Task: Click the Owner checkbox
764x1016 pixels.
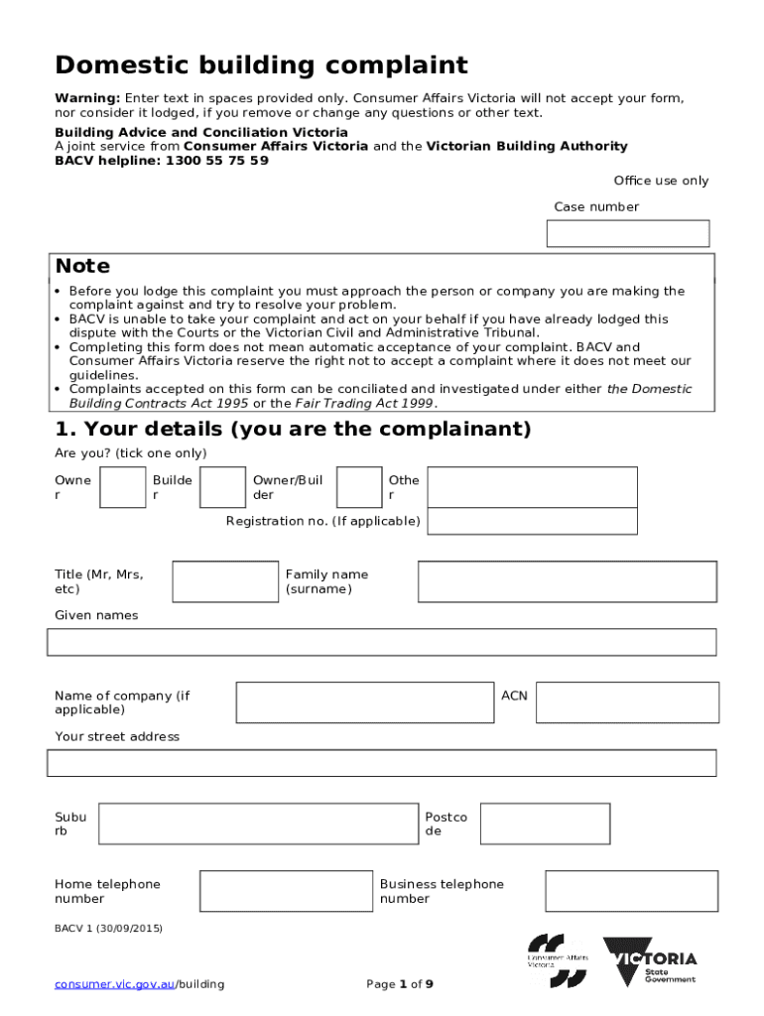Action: click(x=123, y=487)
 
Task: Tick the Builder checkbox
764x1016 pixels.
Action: click(x=222, y=487)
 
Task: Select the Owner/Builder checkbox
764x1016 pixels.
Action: click(x=358, y=487)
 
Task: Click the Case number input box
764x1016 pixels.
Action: click(x=628, y=233)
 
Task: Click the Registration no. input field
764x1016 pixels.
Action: click(x=532, y=521)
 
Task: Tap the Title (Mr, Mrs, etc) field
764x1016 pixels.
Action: click(x=225, y=581)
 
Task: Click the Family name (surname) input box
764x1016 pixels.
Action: click(x=567, y=581)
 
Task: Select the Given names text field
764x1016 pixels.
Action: click(x=381, y=642)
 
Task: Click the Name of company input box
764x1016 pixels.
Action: click(x=364, y=702)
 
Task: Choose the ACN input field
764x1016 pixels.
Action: click(x=626, y=702)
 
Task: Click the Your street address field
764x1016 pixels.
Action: click(x=381, y=763)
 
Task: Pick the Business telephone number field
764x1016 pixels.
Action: click(x=631, y=891)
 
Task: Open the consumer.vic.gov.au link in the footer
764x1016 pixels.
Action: click(x=115, y=984)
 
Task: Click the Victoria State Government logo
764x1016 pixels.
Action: click(x=650, y=962)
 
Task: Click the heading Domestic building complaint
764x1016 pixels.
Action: click(x=261, y=65)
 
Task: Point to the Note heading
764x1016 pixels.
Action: click(x=82, y=266)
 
